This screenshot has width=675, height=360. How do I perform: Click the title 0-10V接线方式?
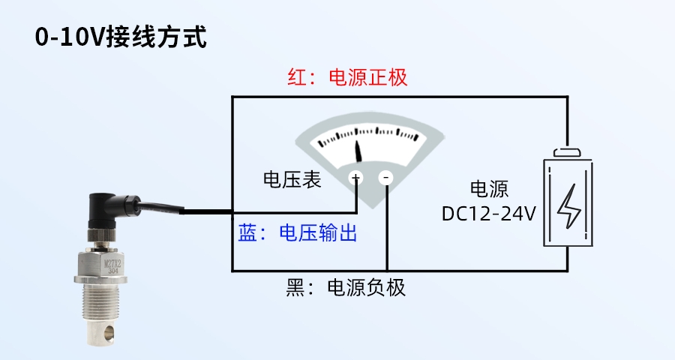[120, 37]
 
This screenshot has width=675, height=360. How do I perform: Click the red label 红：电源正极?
[347, 78]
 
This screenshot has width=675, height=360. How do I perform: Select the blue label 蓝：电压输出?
[297, 233]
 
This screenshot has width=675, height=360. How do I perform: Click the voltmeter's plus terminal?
[355, 178]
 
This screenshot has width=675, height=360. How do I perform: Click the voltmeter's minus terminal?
[386, 178]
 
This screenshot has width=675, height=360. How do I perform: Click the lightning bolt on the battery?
[568, 205]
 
